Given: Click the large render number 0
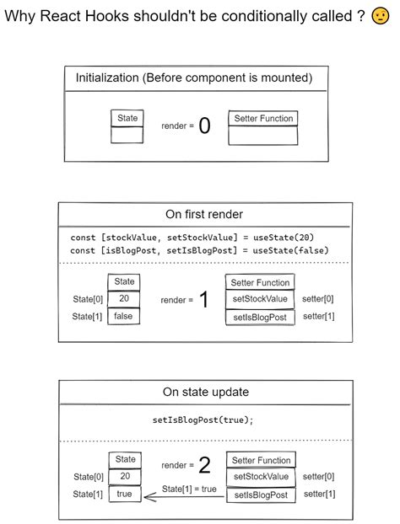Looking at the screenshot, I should (x=204, y=126).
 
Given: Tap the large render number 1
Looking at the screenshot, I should (x=203, y=300).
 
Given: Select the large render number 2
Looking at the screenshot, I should (x=204, y=465).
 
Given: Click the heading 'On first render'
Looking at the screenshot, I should (x=204, y=214).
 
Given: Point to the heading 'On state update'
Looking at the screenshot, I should (x=204, y=392).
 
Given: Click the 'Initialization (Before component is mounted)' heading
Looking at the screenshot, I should (x=194, y=78).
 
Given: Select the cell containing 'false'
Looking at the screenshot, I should (x=124, y=316).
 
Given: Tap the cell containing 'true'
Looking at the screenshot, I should (x=124, y=494).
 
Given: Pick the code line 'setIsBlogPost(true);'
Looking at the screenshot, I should (x=203, y=420).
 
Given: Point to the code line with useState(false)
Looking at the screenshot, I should (x=198, y=251).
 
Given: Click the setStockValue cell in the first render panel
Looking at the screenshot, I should (x=260, y=299).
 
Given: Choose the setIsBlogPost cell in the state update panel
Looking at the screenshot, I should (x=260, y=495).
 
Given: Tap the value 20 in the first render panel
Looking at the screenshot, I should (x=124, y=299).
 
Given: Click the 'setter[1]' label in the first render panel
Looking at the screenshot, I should (x=318, y=316).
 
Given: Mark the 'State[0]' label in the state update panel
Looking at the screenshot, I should (x=88, y=477).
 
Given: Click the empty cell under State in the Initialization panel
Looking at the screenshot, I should (x=127, y=134).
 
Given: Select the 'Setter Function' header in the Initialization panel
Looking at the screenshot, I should (x=262, y=119).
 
